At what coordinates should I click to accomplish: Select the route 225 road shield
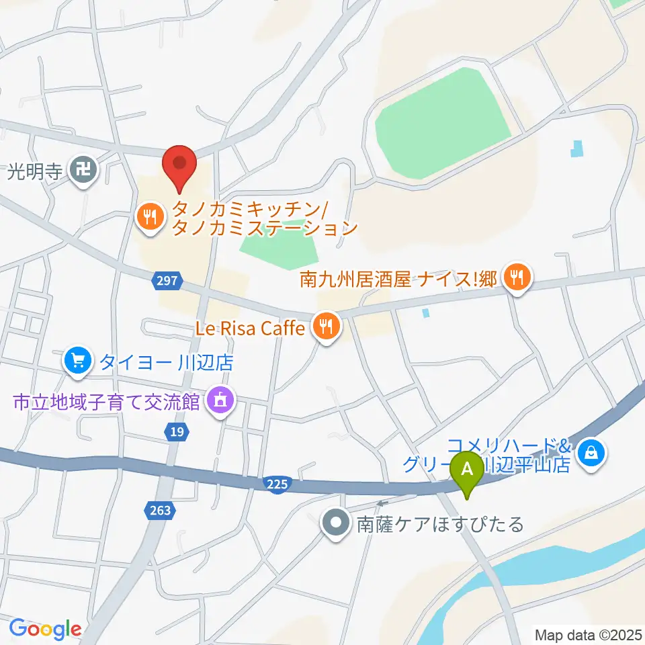[277, 484]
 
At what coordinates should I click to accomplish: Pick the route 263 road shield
[161, 511]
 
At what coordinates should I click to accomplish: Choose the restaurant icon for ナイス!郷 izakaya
[517, 277]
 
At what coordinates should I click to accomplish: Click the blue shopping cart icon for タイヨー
[79, 361]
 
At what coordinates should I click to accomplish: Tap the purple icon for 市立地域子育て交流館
[219, 401]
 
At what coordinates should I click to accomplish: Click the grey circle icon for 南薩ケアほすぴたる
[335, 523]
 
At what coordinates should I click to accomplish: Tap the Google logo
[45, 629]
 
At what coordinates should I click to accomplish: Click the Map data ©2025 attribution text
[588, 634]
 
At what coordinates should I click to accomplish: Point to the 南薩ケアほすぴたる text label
[439, 524]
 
